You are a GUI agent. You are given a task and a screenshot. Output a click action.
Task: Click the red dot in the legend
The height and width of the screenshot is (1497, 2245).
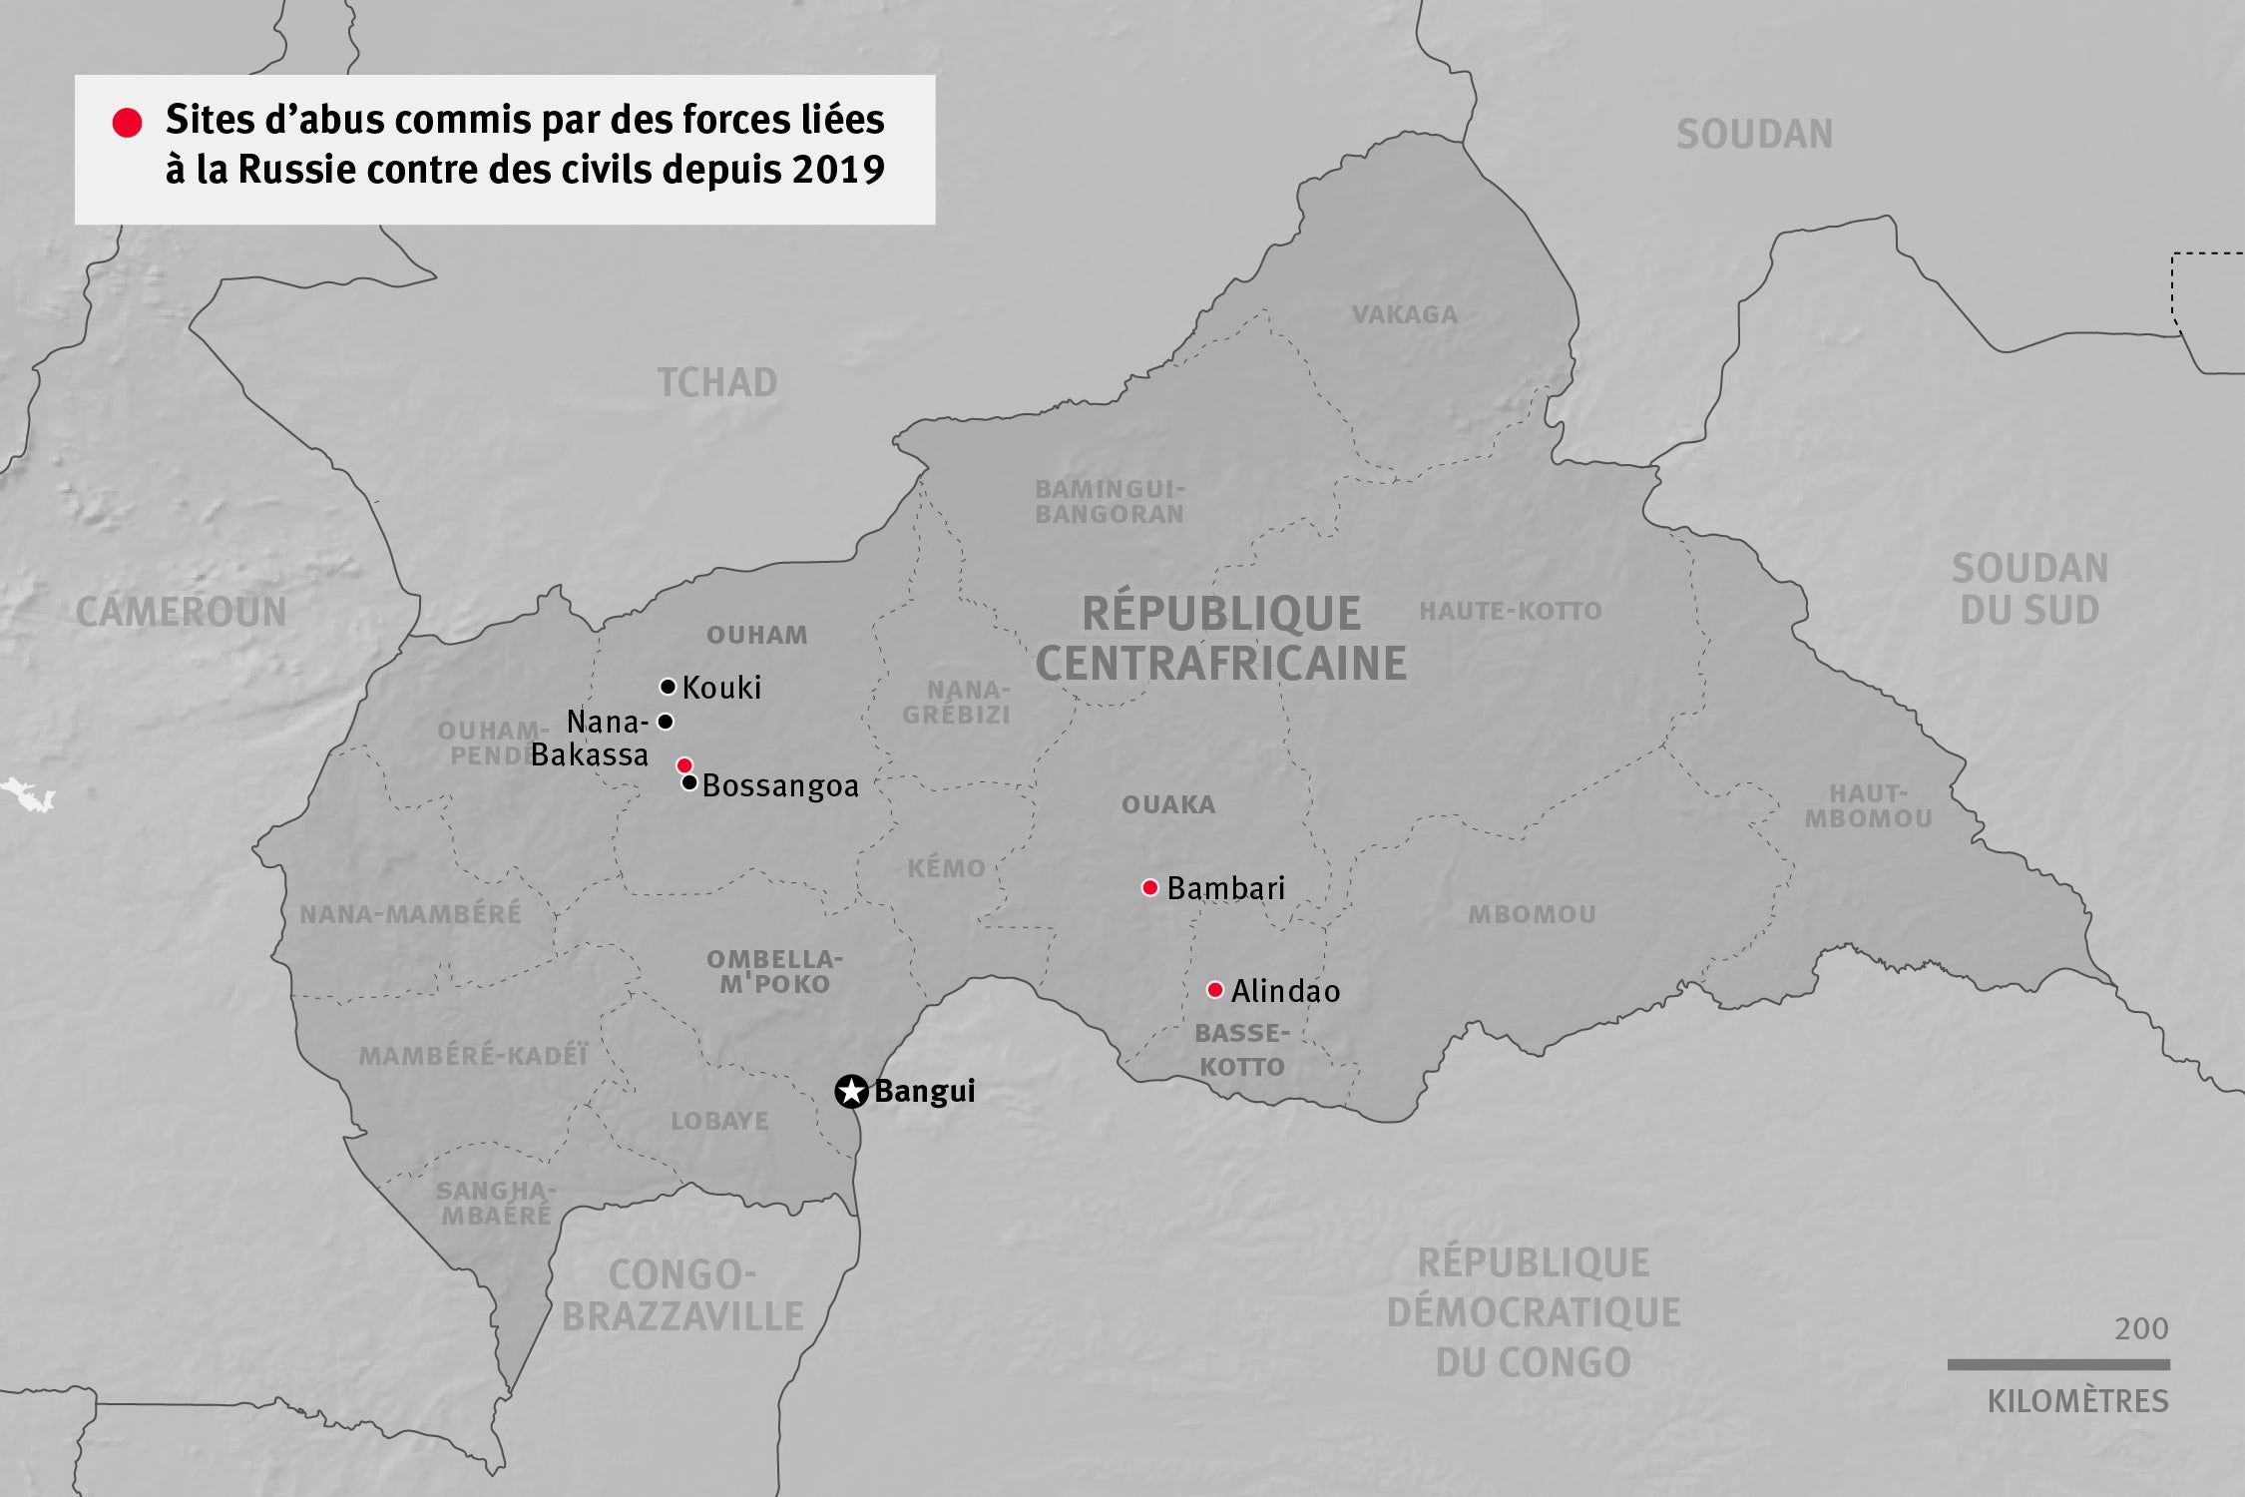click(x=127, y=123)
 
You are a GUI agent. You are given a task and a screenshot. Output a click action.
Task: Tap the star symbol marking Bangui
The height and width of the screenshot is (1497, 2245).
click(x=851, y=1092)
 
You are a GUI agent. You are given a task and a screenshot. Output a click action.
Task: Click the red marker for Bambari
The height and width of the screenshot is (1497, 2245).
click(x=1149, y=887)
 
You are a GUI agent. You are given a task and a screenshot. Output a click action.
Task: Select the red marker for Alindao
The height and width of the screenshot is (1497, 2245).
click(x=1214, y=990)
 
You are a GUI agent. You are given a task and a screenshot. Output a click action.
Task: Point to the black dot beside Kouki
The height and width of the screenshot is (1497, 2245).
click(x=668, y=687)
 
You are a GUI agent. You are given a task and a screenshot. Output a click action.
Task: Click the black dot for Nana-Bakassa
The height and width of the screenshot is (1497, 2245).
click(x=666, y=722)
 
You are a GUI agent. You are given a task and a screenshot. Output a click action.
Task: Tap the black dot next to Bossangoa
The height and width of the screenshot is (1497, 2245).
click(x=688, y=782)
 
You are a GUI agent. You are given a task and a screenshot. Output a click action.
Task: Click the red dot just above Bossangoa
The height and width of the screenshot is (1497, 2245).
click(x=683, y=765)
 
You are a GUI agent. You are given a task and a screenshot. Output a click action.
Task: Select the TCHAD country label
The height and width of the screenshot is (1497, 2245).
click(x=716, y=382)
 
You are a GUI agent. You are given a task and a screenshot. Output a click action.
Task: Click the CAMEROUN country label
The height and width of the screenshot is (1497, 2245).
click(x=181, y=612)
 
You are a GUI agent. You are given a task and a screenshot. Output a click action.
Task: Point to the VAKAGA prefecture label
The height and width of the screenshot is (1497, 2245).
click(x=1404, y=315)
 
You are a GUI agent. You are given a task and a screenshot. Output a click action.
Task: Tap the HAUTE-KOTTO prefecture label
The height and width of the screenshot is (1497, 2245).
click(x=1510, y=611)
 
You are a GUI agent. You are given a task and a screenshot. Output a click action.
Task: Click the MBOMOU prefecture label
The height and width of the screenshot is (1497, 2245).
click(x=1532, y=914)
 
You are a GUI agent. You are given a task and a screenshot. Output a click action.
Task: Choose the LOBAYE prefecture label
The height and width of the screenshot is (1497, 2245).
click(x=719, y=1121)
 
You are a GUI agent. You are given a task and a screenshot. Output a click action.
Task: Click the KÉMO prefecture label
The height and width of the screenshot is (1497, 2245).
click(x=946, y=868)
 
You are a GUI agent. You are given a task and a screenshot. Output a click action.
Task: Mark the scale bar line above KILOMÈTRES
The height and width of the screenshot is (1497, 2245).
click(x=2057, y=1364)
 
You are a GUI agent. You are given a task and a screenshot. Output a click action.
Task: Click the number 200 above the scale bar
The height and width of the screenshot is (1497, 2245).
click(x=2140, y=1329)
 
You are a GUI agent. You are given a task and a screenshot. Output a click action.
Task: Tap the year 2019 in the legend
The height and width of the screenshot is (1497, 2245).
click(x=838, y=170)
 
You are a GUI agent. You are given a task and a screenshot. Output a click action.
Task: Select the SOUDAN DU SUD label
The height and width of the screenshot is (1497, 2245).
click(x=2029, y=589)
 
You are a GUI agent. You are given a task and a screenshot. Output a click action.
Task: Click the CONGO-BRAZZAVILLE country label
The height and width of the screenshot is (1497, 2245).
click(x=682, y=1295)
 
